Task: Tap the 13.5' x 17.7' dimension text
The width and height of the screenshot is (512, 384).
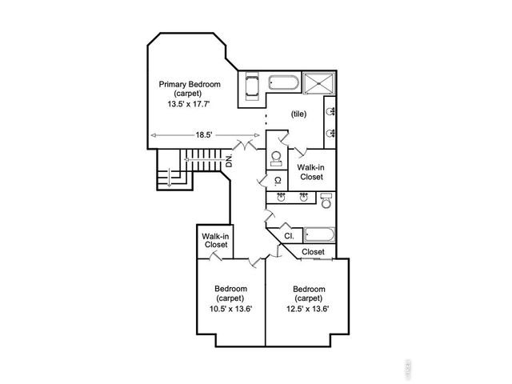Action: [x=189, y=104]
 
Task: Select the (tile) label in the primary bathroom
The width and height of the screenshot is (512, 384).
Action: [x=298, y=114]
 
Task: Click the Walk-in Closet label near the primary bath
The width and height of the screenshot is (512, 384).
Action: [x=311, y=172]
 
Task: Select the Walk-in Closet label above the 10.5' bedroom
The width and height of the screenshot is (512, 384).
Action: [x=215, y=240]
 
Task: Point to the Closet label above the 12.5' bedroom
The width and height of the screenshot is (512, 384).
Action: [x=314, y=252]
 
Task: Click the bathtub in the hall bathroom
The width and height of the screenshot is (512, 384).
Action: [x=320, y=236]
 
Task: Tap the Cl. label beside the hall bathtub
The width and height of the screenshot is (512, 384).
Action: [x=289, y=237]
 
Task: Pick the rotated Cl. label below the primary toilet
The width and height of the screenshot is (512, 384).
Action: [x=277, y=181]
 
